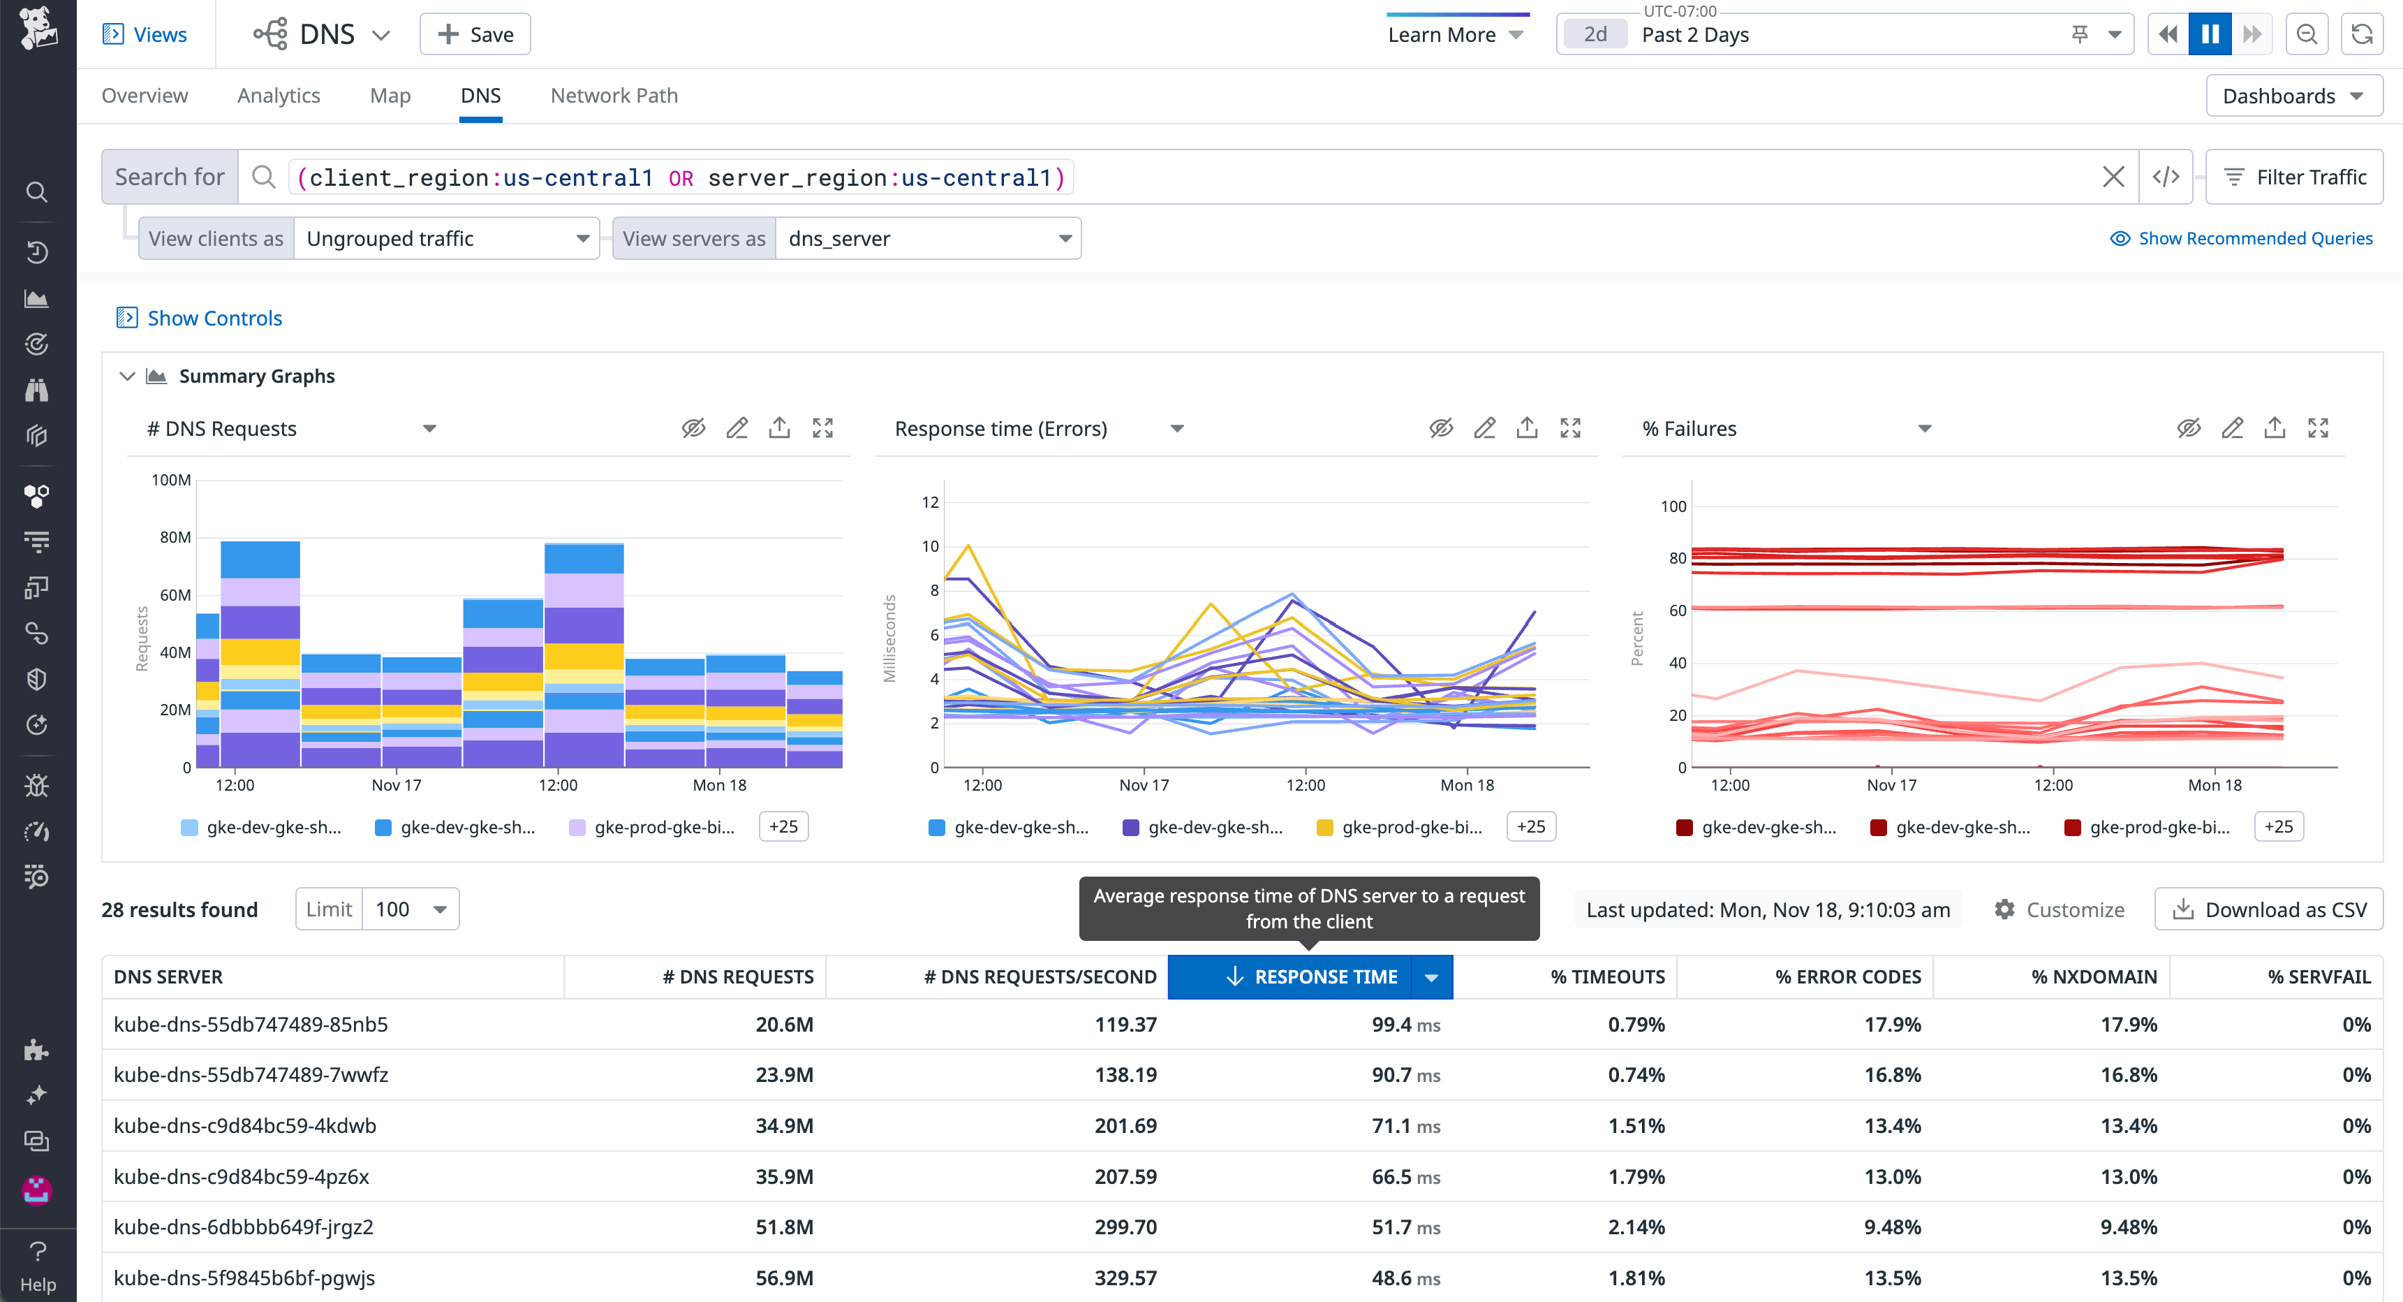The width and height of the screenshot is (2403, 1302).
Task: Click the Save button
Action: (x=475, y=34)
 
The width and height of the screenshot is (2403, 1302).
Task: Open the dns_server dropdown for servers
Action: (x=928, y=239)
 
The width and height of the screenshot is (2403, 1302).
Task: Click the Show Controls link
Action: (x=214, y=319)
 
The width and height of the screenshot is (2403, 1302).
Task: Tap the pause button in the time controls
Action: (x=2209, y=34)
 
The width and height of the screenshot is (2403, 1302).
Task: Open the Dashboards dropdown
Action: (x=2292, y=96)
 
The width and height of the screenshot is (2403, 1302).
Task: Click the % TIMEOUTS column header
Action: (x=1606, y=976)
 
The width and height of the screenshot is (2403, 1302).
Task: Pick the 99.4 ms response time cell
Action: (x=1404, y=1024)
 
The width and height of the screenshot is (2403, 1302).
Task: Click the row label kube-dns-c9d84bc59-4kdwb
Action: (x=244, y=1125)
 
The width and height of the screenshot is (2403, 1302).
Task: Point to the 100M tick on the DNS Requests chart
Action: (x=171, y=480)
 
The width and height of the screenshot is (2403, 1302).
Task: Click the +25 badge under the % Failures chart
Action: (x=2277, y=826)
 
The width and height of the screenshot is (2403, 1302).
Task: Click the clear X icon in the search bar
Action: (x=2113, y=177)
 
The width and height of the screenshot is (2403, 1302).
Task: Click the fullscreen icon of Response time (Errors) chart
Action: (x=1570, y=428)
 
